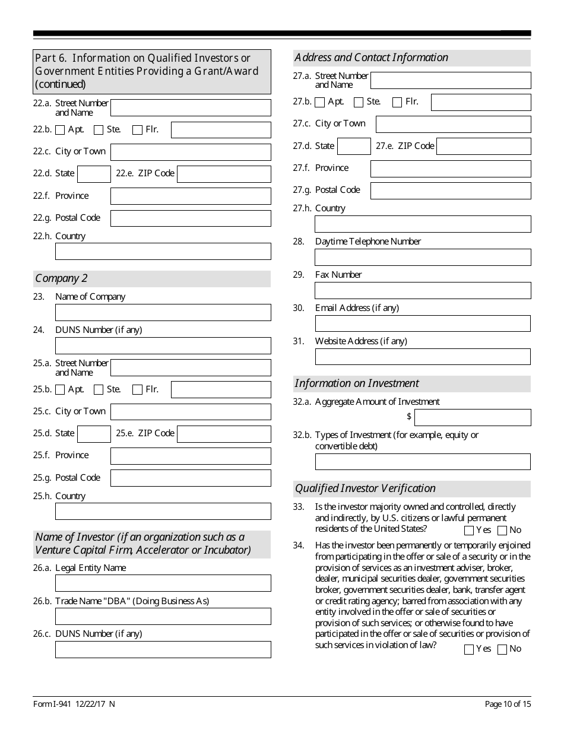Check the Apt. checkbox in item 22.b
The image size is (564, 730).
60,130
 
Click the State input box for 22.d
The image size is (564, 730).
94,174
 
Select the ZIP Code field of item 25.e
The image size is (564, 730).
224,434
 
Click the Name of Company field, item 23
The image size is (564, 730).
163,312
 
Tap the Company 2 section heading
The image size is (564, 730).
58,278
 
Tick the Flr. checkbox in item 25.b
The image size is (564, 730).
137,390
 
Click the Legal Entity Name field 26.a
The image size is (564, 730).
163,583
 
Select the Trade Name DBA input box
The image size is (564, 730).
163,616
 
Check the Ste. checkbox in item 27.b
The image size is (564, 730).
359,102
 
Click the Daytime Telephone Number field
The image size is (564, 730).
422,257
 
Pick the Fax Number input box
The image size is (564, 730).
422,290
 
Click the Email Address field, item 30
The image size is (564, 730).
422,323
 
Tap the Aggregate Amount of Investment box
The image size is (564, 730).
473,417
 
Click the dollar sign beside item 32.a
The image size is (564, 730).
409,417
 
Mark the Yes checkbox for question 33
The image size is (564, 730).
469,531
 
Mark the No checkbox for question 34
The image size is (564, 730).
502,649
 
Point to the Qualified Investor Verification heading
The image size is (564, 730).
365,488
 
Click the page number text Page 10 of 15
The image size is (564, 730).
508,704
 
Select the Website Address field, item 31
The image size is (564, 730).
422,357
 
